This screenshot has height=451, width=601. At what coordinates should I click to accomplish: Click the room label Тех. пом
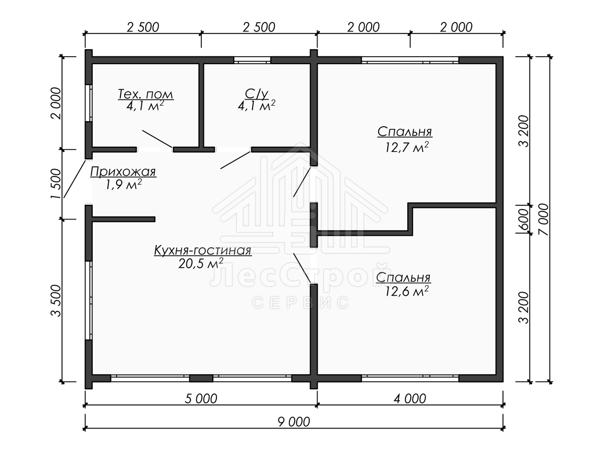tap(145, 94)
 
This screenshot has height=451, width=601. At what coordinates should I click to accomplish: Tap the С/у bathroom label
tap(256, 94)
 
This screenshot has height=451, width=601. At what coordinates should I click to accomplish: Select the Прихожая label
tap(123, 172)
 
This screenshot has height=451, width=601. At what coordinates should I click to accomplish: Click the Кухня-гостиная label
tap(203, 250)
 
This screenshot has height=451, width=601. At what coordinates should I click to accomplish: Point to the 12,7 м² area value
tap(406, 147)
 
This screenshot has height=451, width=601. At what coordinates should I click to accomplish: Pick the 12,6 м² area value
tap(406, 291)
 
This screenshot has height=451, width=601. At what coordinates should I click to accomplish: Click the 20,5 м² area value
tap(200, 264)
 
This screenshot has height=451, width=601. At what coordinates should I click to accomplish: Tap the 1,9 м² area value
tap(123, 184)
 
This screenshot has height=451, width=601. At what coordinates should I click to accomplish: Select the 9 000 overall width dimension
tap(294, 422)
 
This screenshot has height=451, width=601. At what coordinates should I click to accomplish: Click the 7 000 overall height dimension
tap(544, 219)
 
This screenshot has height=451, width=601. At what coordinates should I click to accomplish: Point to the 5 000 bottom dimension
tap(201, 399)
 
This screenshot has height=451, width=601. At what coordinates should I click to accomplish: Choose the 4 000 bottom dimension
tap(410, 399)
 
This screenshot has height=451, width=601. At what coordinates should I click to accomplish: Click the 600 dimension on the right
tap(523, 219)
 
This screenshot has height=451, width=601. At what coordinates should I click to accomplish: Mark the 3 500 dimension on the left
tap(56, 301)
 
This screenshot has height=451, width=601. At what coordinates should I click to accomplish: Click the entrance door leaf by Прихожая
tap(75, 179)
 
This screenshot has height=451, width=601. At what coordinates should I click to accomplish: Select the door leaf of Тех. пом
tap(157, 139)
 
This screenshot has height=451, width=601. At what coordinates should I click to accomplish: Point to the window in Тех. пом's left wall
tap(89, 103)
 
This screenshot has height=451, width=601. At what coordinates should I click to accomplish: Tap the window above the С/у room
tap(252, 60)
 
